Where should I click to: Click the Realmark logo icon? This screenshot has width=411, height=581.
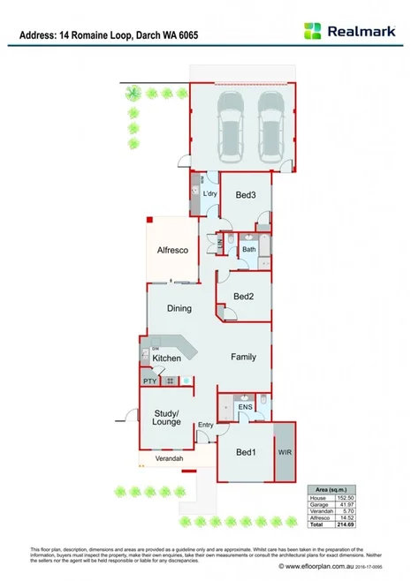[x=313, y=30]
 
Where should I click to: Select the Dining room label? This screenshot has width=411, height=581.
[x=179, y=308]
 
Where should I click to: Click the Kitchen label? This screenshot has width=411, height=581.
[x=166, y=358]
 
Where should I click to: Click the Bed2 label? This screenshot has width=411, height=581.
[x=244, y=297]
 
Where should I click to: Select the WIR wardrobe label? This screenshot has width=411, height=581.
[x=285, y=451]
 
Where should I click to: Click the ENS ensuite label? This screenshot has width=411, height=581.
[x=245, y=407]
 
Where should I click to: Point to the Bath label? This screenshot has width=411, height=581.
[x=249, y=251]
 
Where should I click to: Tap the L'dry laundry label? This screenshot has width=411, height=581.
[x=209, y=193]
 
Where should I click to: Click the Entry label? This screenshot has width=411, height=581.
[x=206, y=425]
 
